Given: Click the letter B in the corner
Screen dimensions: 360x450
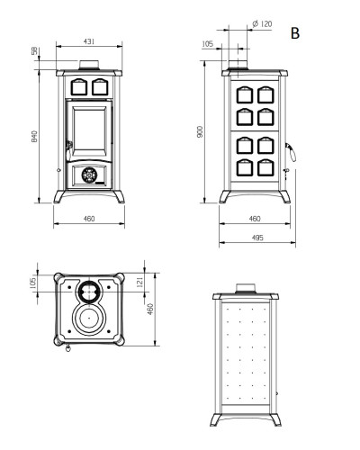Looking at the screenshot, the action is point(295,33).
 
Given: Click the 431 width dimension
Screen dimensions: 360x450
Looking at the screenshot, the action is point(89,41).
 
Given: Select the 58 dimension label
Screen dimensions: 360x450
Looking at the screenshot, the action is point(35,51).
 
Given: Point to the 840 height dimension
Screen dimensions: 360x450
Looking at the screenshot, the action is point(35,136).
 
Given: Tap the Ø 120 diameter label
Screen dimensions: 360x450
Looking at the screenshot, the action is point(262,23).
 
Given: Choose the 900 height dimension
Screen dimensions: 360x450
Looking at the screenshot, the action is point(200,132).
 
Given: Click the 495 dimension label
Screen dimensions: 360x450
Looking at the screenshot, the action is point(257,238).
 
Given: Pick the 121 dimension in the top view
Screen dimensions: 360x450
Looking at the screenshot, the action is point(140,282).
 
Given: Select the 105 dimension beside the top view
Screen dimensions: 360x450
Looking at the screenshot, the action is point(33,283).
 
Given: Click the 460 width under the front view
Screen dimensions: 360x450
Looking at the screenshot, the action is point(89,219).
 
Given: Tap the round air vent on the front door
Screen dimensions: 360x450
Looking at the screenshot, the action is point(89,175).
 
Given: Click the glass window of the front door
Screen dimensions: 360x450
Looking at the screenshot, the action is point(89,130).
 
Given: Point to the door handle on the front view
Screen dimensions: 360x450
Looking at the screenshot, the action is point(68,148).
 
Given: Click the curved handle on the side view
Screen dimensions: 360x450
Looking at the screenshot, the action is point(292,152).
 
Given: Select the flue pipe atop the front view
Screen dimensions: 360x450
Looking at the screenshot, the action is point(89,65).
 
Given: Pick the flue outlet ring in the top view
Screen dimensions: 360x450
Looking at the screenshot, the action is point(89,291).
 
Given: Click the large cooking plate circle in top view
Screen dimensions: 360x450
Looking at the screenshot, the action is point(89,319).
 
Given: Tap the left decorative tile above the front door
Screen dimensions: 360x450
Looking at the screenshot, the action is point(79,87).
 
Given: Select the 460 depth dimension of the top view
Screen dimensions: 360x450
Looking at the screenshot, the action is point(150,309).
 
